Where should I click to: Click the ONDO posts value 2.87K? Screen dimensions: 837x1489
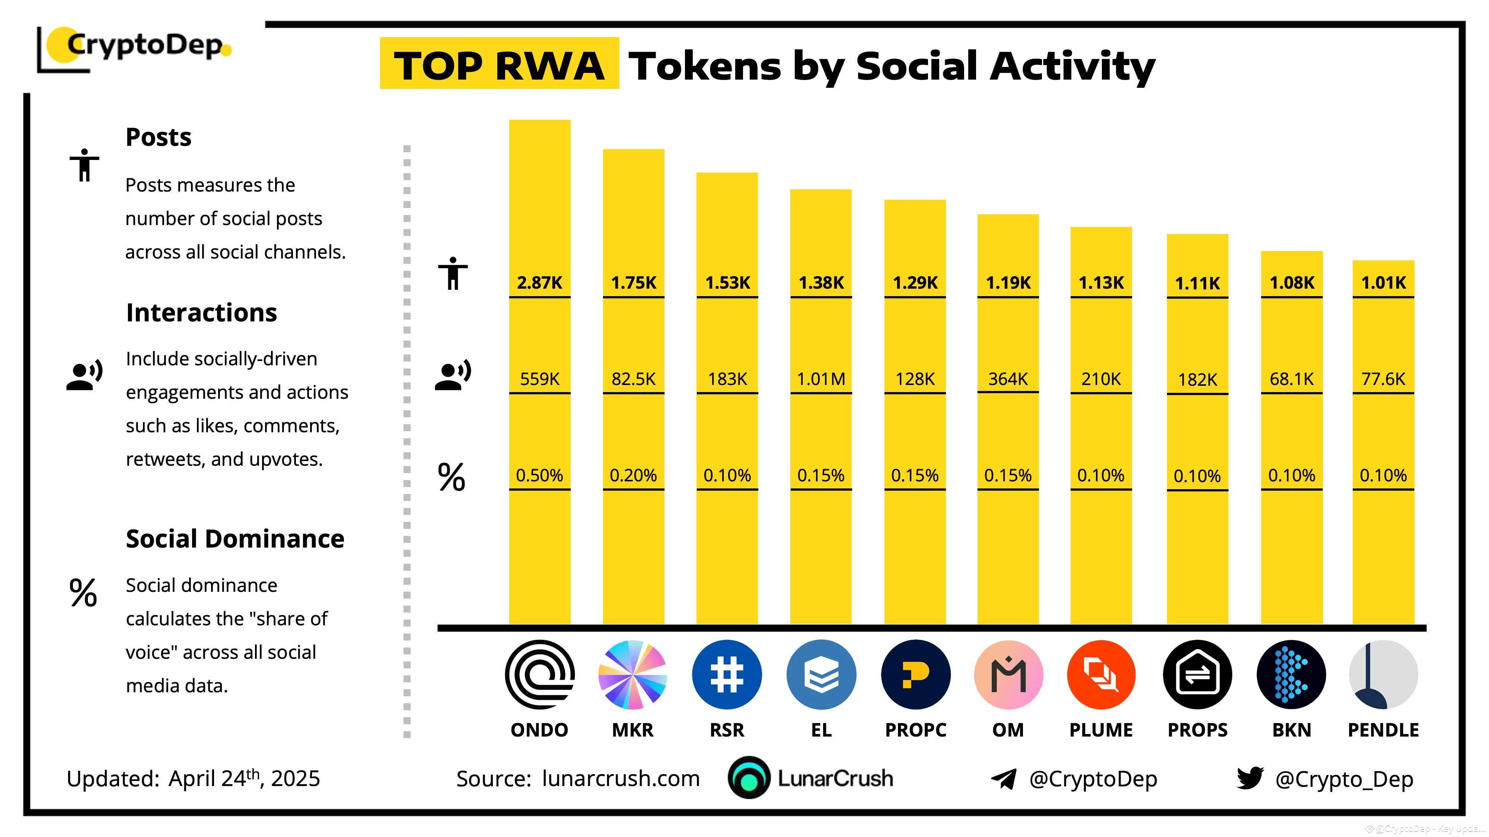(x=539, y=282)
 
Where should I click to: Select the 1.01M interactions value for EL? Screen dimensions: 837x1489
(x=821, y=379)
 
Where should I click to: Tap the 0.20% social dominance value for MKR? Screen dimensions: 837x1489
(x=633, y=475)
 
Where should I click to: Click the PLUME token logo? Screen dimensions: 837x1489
(x=1101, y=675)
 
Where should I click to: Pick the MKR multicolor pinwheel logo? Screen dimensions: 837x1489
(x=633, y=675)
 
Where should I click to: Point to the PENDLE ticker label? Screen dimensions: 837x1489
(x=1383, y=730)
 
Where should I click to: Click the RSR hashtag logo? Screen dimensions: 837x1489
(x=727, y=675)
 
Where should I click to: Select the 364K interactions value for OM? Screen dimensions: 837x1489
(x=1008, y=379)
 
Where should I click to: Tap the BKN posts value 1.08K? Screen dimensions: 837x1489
(x=1292, y=282)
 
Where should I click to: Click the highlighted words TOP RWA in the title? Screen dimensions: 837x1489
(x=499, y=65)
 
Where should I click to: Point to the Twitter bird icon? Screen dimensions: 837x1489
(x=1250, y=778)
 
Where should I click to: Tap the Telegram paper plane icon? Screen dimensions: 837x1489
(x=1004, y=779)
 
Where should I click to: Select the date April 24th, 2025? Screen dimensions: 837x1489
(x=244, y=778)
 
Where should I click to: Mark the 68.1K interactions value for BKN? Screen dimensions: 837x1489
(x=1292, y=379)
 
